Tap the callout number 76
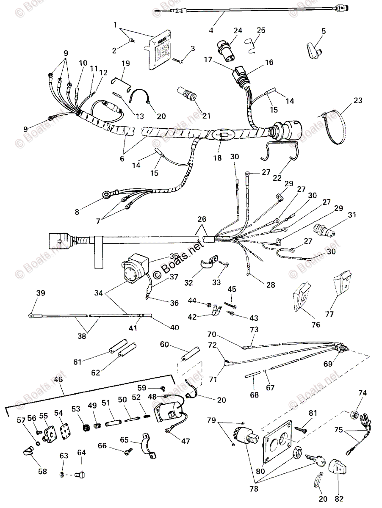[315, 325]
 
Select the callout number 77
[329, 314]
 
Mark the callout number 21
[194, 116]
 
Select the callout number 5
[324, 30]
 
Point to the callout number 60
[164, 345]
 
